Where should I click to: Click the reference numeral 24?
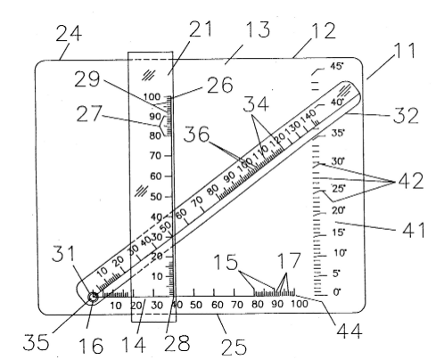pyautogui.click(x=69, y=33)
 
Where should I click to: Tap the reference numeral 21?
pyautogui.click(x=201, y=29)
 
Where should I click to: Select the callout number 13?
pyautogui.click(x=259, y=29)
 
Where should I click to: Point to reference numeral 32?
pyautogui.click(x=406, y=116)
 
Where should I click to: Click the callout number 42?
pyautogui.click(x=411, y=181)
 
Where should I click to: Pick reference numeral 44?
pyautogui.click(x=350, y=331)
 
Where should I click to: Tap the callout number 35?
pyautogui.click(x=36, y=341)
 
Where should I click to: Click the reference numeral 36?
pyautogui.click(x=196, y=134)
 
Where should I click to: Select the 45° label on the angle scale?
pyautogui.click(x=337, y=66)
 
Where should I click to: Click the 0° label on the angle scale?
pyautogui.click(x=337, y=292)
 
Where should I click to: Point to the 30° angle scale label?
pyautogui.click(x=338, y=161)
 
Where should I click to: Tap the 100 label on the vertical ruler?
pyautogui.click(x=152, y=96)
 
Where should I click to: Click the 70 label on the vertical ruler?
pyautogui.click(x=155, y=155)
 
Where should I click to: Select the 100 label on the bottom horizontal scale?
pyautogui.click(x=299, y=304)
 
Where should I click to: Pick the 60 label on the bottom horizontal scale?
pyautogui.click(x=217, y=305)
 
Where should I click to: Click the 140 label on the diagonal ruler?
pyautogui.click(x=308, y=116)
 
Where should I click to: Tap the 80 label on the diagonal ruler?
pyautogui.click(x=213, y=190)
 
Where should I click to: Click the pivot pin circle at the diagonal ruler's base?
pyautogui.click(x=93, y=297)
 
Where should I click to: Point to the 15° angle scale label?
pyautogui.click(x=338, y=232)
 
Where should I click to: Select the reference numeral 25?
pyautogui.click(x=234, y=347)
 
